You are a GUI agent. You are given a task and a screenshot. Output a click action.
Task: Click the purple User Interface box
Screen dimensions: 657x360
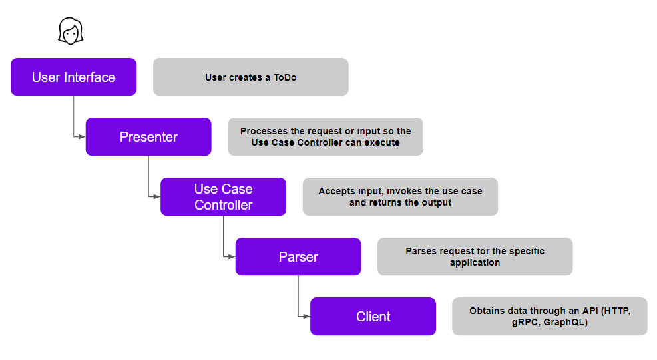tap(74, 77)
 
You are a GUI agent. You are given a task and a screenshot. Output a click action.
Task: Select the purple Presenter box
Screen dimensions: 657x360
tap(148, 136)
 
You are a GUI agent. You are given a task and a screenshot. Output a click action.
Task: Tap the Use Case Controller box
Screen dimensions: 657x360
tap(224, 196)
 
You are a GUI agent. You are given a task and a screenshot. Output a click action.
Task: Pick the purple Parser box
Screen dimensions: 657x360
tap(298, 256)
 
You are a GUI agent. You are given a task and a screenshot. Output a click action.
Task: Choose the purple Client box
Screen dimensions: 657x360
tap(373, 317)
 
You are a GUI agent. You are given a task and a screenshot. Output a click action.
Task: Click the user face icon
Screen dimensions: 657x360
tap(71, 31)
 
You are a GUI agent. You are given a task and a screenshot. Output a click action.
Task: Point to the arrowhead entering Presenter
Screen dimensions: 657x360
tap(82, 136)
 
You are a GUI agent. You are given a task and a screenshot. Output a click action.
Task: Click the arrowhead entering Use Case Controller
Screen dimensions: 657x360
tap(157, 196)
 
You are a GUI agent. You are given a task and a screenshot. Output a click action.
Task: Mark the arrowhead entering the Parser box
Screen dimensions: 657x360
tap(232, 256)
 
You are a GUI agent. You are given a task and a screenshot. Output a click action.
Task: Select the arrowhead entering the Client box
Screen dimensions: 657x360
tap(307, 317)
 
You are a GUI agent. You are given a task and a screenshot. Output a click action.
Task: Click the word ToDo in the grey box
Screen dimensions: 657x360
tap(285, 77)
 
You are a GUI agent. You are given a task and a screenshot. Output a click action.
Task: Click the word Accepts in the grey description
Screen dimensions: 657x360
tap(334, 192)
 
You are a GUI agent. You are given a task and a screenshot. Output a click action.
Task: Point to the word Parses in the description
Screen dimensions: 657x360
tap(419, 251)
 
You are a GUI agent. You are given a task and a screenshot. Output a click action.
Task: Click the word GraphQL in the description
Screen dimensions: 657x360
tap(566, 322)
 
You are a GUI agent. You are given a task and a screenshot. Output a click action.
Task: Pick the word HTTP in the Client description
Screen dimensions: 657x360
tap(617, 311)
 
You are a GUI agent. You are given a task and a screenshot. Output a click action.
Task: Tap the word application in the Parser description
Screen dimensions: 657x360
tap(475, 263)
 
